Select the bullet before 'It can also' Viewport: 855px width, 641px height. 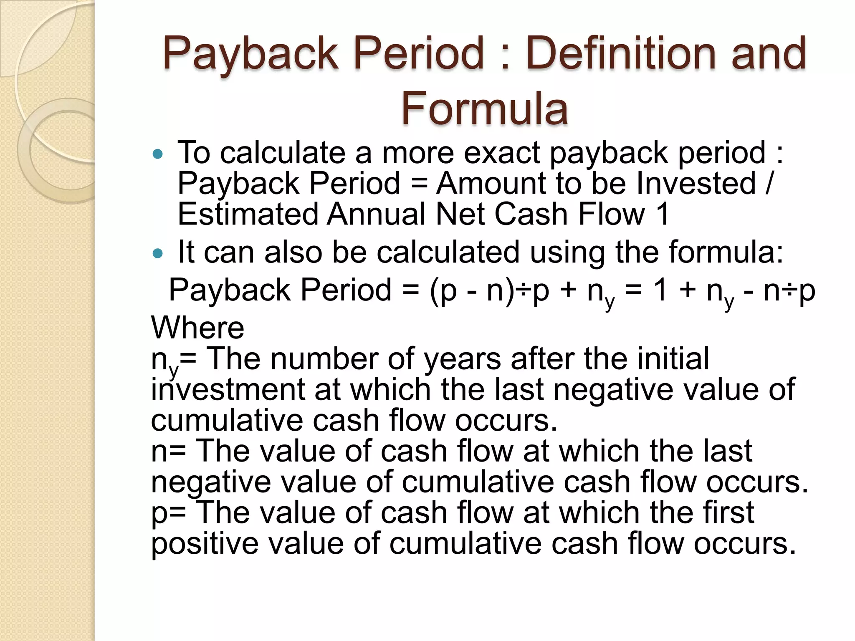158,253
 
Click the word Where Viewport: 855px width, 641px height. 197,328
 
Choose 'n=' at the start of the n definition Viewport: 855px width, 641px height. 168,452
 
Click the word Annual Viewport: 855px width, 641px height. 376,215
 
